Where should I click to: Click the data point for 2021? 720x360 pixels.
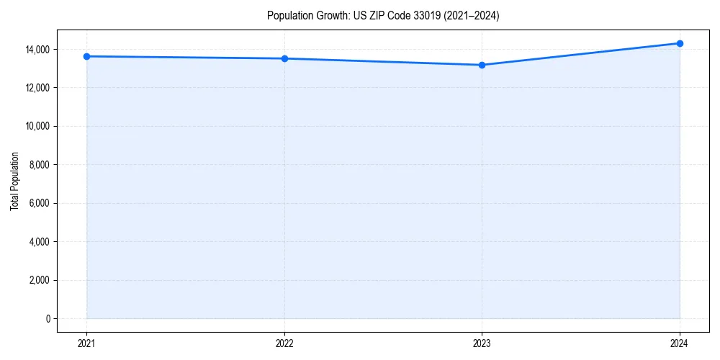tap(86, 56)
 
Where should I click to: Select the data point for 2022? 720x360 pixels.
tap(284, 58)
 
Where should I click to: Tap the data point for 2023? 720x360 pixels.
tap(482, 65)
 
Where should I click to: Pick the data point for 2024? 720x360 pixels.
tap(680, 43)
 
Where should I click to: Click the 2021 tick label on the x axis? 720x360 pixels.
tap(86, 343)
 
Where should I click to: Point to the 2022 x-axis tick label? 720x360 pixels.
tap(284, 343)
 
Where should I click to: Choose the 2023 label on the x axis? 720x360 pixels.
tap(482, 343)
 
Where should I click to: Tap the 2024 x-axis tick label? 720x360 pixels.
tap(680, 343)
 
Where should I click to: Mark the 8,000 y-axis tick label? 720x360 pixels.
tap(40, 165)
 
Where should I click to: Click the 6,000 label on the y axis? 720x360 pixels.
tap(40, 203)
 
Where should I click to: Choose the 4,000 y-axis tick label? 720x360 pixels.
tap(40, 241)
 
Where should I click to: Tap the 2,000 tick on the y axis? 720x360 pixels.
tap(40, 280)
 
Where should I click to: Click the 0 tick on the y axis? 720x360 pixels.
tap(48, 318)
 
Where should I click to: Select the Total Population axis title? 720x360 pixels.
tap(14, 181)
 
